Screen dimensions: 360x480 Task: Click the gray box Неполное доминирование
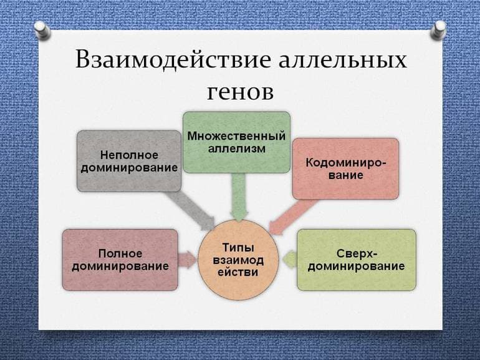(128, 160)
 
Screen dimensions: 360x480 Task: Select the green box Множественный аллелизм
(236, 142)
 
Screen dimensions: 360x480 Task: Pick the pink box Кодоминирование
(345, 168)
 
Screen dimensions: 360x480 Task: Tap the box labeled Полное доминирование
(120, 260)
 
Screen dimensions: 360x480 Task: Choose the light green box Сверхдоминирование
(355, 260)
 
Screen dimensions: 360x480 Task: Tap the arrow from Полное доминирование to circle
(187, 256)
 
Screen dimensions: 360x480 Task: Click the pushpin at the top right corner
(439, 28)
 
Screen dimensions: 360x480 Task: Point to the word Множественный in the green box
(236, 135)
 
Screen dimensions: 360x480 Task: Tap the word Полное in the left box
(120, 253)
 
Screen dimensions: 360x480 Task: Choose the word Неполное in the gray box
(128, 154)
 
